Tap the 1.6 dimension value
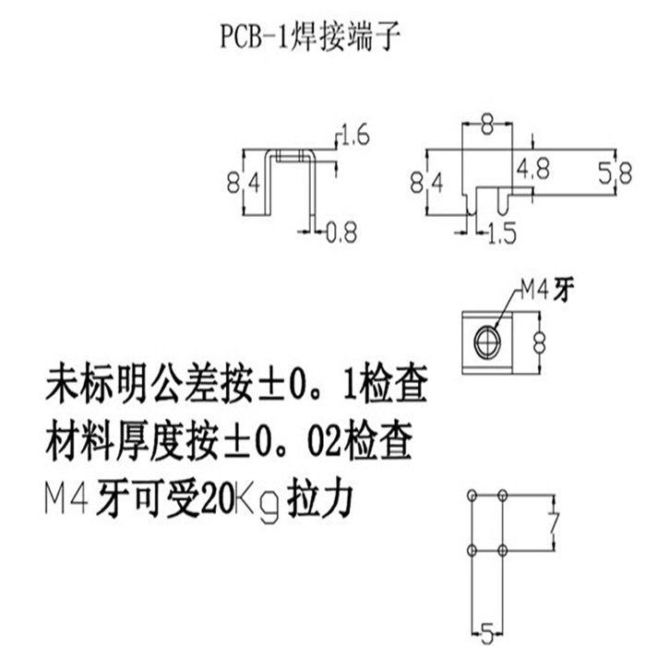(355, 139)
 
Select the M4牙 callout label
(544, 292)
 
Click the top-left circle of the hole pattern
(473, 496)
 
